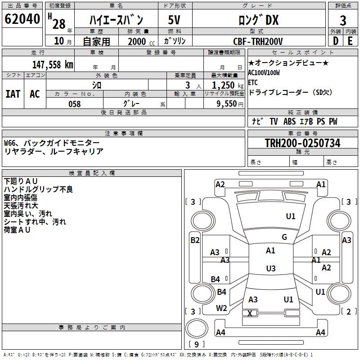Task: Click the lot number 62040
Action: pos(22,19)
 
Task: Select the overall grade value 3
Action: pos(343,21)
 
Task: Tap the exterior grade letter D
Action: pos(336,41)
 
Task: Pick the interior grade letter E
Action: pos(350,41)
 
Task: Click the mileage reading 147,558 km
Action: pos(53,65)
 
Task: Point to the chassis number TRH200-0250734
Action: pos(302,143)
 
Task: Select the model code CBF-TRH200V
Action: pos(258,41)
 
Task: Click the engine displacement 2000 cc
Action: pos(141,41)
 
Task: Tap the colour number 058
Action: pos(75,104)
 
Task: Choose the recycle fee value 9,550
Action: pos(227,104)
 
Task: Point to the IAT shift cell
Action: pos(13,94)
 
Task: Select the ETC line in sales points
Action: pos(253,82)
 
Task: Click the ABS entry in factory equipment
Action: pos(289,121)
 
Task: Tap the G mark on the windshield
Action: pos(284,237)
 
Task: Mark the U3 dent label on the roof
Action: pos(271,268)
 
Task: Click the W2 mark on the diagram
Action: pos(221,308)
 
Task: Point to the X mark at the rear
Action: pos(250,313)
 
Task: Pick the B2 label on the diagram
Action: pos(195,240)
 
